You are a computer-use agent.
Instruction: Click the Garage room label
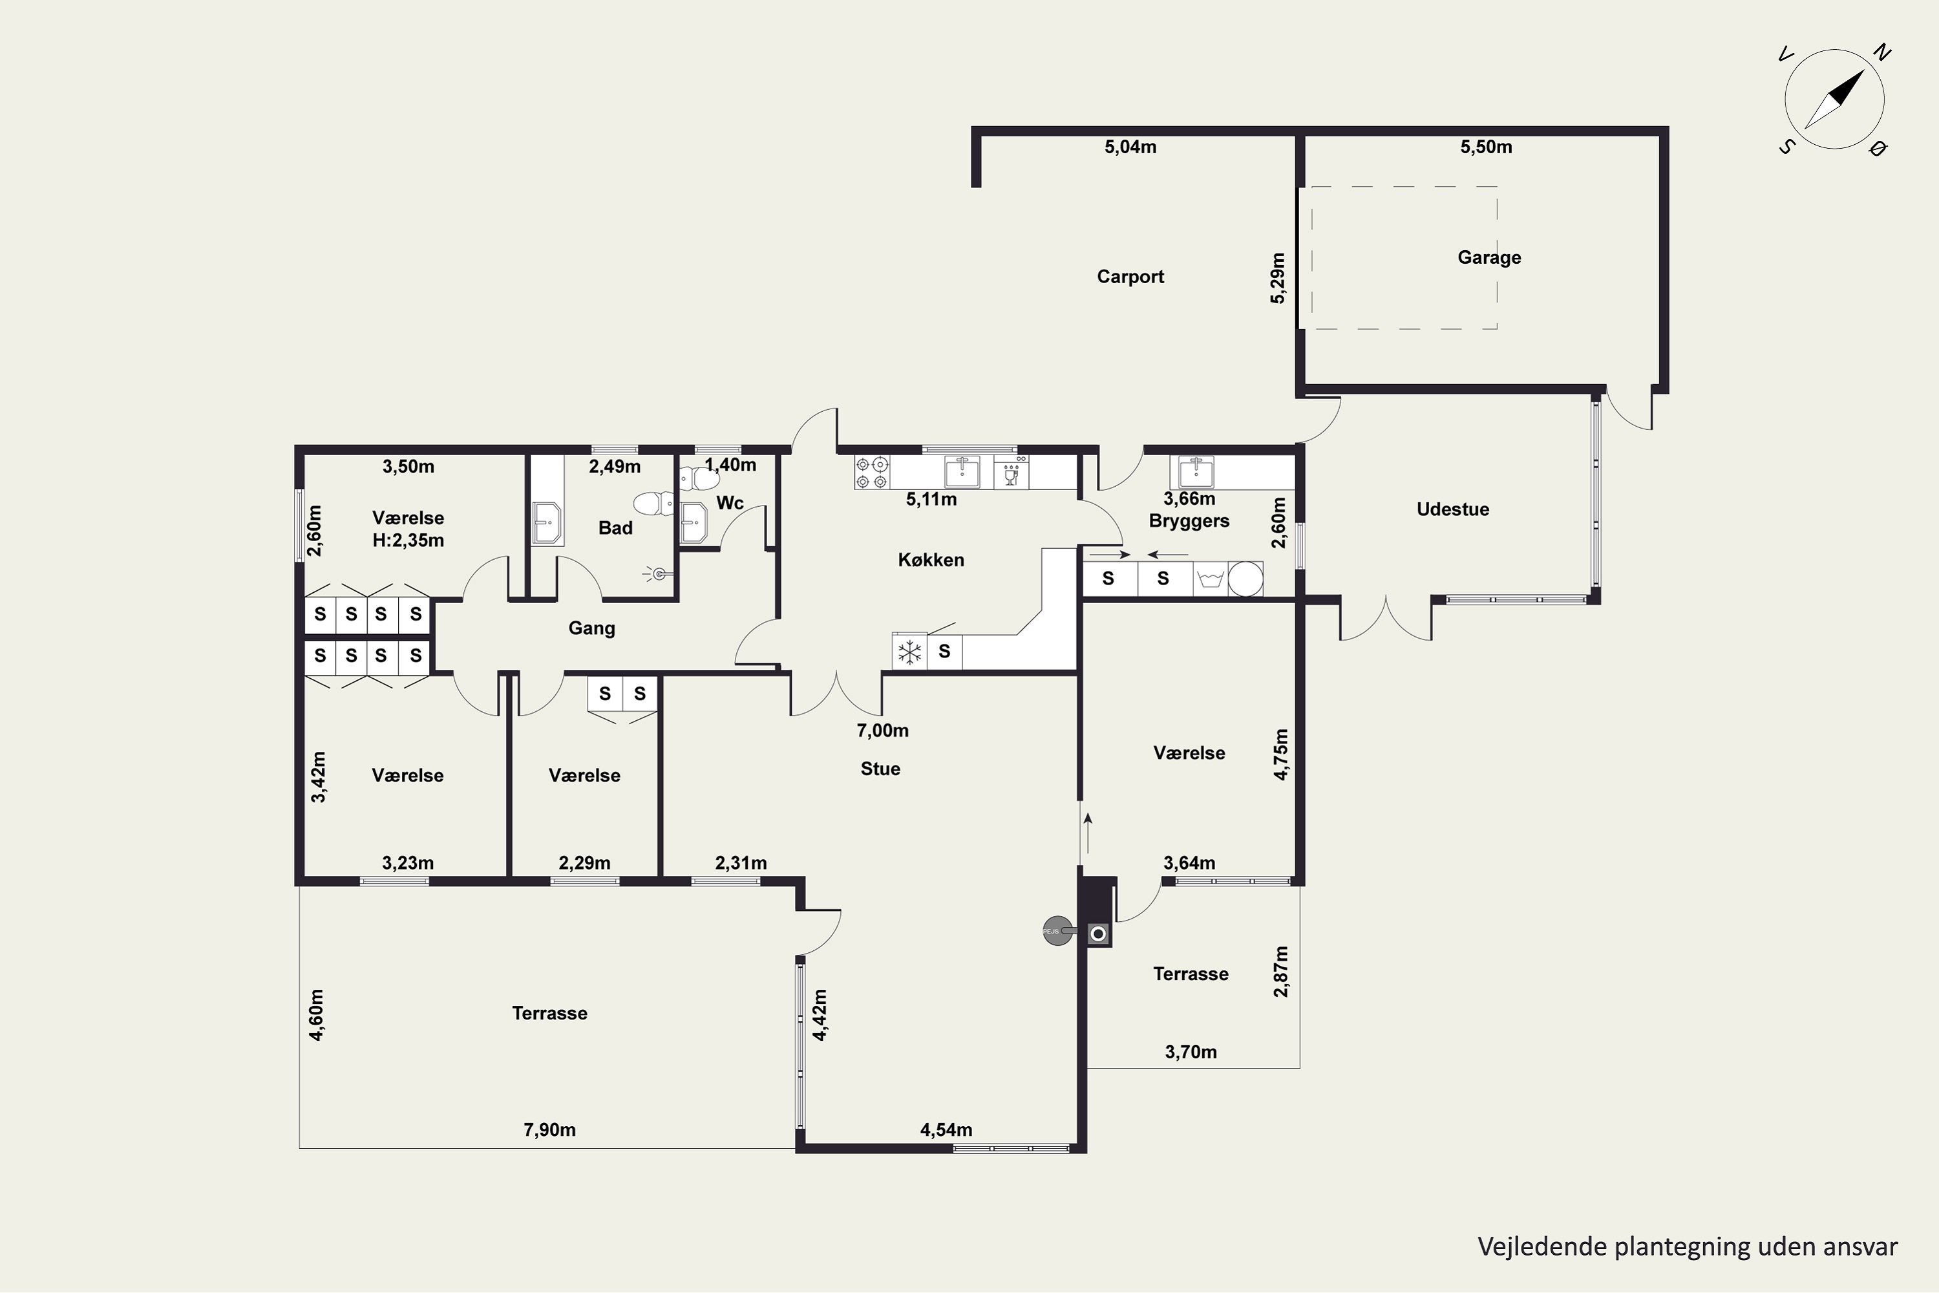[x=1489, y=257]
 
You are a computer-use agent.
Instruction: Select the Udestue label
[x=1452, y=509]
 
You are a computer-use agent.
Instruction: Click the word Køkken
[x=931, y=560]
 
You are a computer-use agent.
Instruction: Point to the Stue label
[x=880, y=769]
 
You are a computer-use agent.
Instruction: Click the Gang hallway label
[x=592, y=628]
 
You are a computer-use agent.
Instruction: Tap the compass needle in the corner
[x=1834, y=99]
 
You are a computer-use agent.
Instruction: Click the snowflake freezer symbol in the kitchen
[x=909, y=652]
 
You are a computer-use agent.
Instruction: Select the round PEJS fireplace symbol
[x=1057, y=931]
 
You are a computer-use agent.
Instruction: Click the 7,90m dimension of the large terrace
[x=550, y=1129]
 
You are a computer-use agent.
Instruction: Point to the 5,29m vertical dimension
[x=1277, y=279]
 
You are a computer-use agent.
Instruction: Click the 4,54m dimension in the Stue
[x=946, y=1129]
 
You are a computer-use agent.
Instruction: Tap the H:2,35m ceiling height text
[x=408, y=541]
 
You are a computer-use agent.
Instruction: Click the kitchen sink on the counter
[x=962, y=473]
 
